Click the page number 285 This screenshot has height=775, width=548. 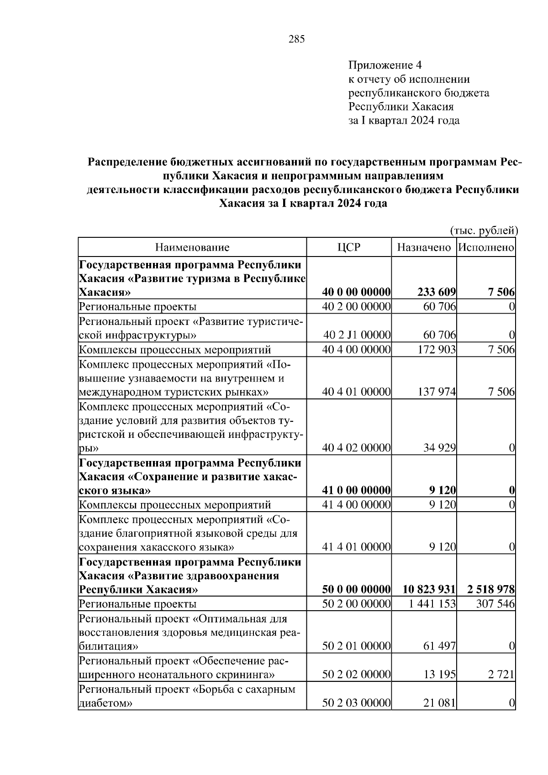[x=297, y=39]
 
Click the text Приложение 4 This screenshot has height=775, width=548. [x=386, y=65]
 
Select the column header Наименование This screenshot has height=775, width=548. [x=192, y=247]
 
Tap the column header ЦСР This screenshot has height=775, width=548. [x=349, y=247]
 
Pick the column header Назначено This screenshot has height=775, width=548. [x=424, y=247]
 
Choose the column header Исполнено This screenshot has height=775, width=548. [x=486, y=247]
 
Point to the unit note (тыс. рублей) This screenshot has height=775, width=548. [x=484, y=230]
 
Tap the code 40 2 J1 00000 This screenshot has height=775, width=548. [x=357, y=335]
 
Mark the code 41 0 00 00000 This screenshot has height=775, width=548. [x=356, y=491]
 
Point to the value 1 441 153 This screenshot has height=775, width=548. [x=432, y=604]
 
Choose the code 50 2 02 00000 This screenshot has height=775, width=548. [x=356, y=675]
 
